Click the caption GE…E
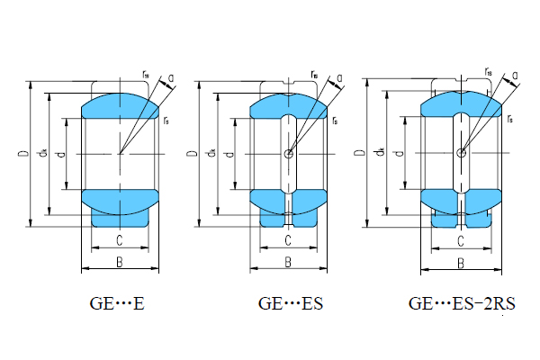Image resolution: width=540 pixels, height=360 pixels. pyautogui.click(x=117, y=304)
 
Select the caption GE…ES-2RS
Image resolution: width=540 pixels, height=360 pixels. pyautogui.click(x=462, y=304)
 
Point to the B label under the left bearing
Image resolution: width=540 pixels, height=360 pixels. pyautogui.click(x=119, y=262)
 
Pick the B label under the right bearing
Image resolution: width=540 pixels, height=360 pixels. pyautogui.click(x=460, y=263)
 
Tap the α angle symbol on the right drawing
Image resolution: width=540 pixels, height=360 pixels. pyautogui.click(x=516, y=76)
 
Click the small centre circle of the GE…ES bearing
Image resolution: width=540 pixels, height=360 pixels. pyautogui.click(x=288, y=154)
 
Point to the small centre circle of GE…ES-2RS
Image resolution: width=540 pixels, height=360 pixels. pyautogui.click(x=461, y=153)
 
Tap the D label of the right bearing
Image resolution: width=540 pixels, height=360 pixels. pyautogui.click(x=361, y=154)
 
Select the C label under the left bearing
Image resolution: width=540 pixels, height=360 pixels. pyautogui.click(x=119, y=239)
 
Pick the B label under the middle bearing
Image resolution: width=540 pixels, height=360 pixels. pyautogui.click(x=288, y=262)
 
